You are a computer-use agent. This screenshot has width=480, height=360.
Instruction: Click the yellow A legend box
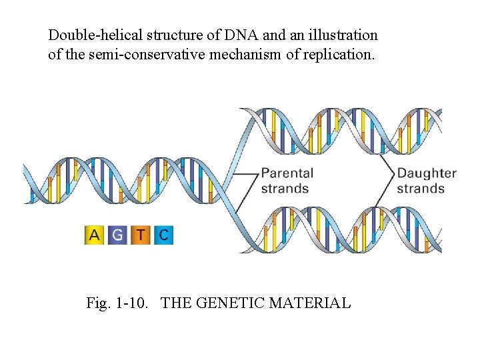[x=95, y=235]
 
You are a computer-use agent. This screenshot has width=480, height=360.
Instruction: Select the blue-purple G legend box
[x=117, y=235]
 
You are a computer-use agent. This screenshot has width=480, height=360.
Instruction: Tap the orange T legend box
[x=140, y=235]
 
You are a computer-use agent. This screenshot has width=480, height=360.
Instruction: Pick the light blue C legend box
[x=163, y=235]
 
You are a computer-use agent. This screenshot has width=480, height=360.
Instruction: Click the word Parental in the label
[x=287, y=173]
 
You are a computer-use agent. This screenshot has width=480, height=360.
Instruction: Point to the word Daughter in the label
[x=427, y=173]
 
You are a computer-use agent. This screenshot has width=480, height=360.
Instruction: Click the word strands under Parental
[x=285, y=188]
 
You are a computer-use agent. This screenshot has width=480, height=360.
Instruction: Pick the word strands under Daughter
[x=421, y=188]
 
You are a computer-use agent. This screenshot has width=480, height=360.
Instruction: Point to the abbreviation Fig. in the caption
[x=97, y=303]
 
